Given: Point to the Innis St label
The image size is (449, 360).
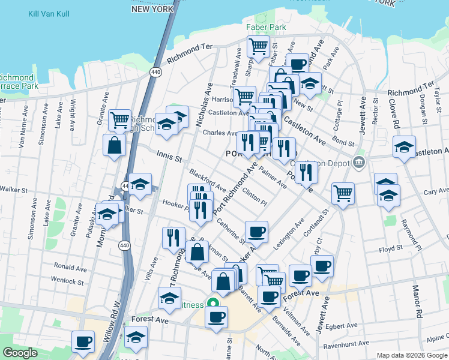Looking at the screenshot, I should click(x=169, y=158).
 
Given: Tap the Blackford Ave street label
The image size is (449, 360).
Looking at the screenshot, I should click(x=206, y=179).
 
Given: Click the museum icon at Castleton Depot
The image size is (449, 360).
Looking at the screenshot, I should click(x=359, y=161).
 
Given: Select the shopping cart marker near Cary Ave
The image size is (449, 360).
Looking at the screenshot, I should click(x=343, y=193).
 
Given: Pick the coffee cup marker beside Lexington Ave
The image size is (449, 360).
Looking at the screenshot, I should click(x=256, y=232).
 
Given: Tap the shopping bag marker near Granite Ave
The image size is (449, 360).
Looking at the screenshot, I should click(x=114, y=145).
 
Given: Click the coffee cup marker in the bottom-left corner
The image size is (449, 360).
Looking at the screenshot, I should click(x=83, y=341).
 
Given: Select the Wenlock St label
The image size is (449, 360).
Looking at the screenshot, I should click(x=63, y=280).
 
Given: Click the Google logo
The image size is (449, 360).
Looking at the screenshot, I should click(x=20, y=353).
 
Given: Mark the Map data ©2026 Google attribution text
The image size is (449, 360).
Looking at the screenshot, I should click(x=411, y=355).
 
